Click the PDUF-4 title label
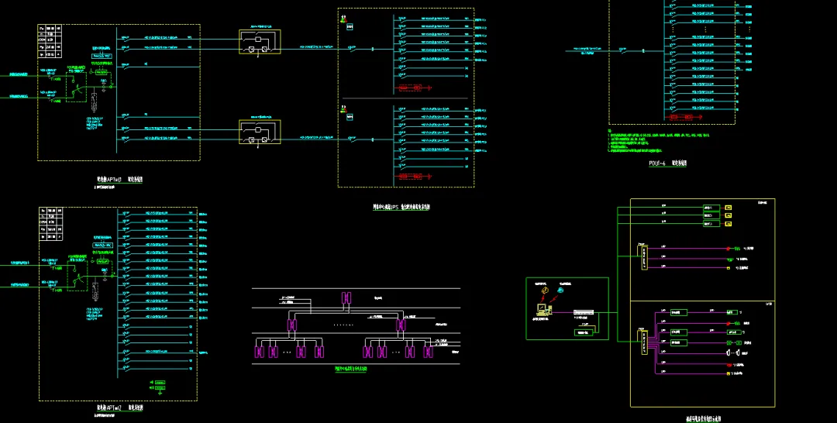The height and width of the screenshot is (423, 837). [x=667, y=163]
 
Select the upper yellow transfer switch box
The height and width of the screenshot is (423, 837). [x=260, y=42]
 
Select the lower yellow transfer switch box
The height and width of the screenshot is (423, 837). [x=260, y=132]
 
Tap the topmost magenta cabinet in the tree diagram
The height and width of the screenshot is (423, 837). [x=346, y=298]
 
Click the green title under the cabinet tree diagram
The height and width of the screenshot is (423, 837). [x=351, y=370]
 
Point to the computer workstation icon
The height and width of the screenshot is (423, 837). [x=542, y=308]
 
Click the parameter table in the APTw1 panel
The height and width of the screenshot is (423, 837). [x=50, y=40]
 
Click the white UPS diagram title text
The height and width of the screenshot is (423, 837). [x=401, y=207]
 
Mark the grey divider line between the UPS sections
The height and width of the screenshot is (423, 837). [x=405, y=98]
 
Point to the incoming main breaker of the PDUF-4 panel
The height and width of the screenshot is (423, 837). [x=625, y=51]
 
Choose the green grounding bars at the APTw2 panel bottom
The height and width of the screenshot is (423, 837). [x=160, y=386]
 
